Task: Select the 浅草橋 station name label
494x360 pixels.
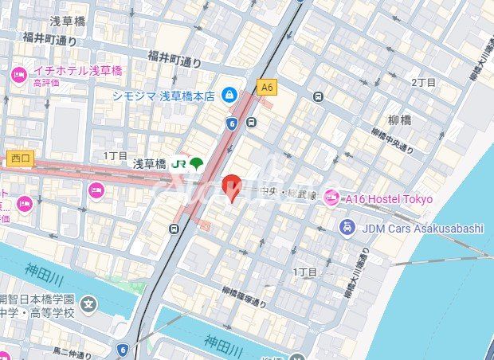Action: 149,164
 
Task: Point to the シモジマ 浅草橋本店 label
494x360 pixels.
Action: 163,96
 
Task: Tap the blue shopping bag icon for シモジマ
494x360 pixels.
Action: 229,96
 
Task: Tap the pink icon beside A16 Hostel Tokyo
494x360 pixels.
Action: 331,198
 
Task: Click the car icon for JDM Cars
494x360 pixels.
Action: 347,229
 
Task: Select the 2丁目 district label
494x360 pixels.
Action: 423,83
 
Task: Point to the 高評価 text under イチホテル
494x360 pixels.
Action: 47,82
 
